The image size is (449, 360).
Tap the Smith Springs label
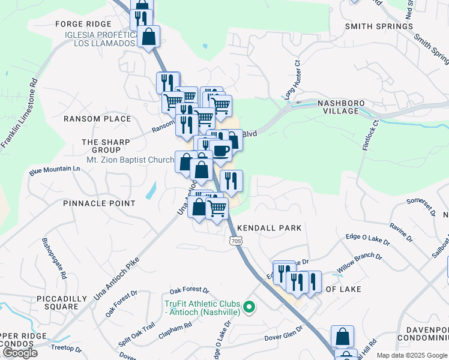(372, 26)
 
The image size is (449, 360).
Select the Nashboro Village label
(341, 107)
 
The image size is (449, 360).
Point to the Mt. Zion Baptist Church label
(130, 160)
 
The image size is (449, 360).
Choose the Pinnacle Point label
(99, 203)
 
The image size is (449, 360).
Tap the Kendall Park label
(269, 228)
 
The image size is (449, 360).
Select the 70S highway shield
(235, 241)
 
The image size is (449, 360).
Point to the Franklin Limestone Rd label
(19, 113)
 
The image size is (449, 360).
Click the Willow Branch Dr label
(359, 263)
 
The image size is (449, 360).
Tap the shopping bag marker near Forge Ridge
(148, 37)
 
